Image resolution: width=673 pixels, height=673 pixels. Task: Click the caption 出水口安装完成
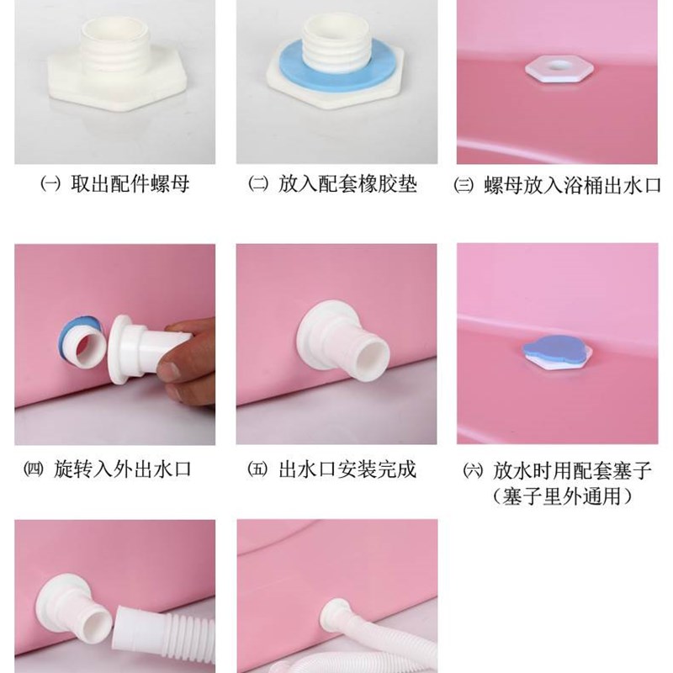tap(347, 469)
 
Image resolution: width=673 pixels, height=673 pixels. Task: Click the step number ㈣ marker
tap(52, 469)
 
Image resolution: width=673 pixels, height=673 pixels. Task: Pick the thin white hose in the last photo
tap(395, 648)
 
